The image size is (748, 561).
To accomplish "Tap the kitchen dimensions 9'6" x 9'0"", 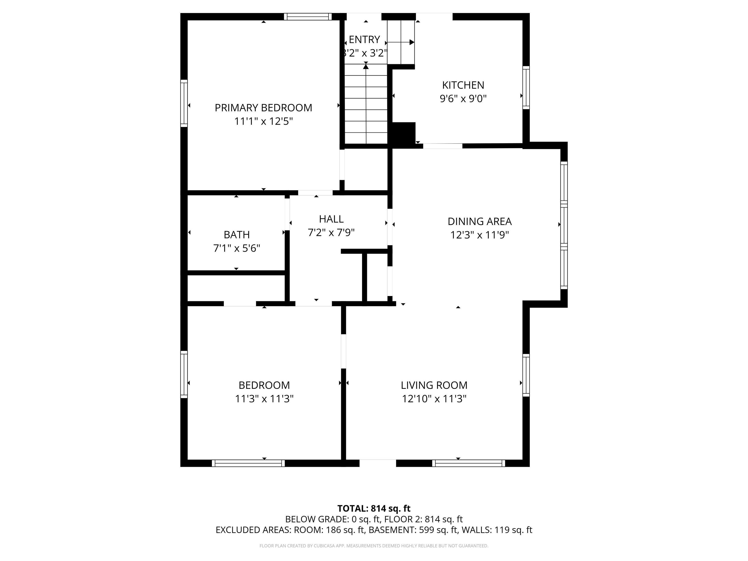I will point(463,99).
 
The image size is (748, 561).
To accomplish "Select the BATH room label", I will point(237,235).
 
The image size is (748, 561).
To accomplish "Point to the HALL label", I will point(331,219).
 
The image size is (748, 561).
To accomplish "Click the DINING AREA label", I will point(479,222).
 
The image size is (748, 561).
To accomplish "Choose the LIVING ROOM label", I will point(434,385).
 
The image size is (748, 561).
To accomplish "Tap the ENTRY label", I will point(364,39).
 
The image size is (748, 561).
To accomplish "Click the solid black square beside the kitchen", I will point(403,134).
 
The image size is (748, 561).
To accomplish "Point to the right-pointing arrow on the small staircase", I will point(411,42).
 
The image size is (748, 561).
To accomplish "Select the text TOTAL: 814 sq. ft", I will point(374,509).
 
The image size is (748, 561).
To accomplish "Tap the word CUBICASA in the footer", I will point(324,546).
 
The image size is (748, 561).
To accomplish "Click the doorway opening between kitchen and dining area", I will point(442,146).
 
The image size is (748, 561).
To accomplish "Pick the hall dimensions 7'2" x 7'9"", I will point(331,233).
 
